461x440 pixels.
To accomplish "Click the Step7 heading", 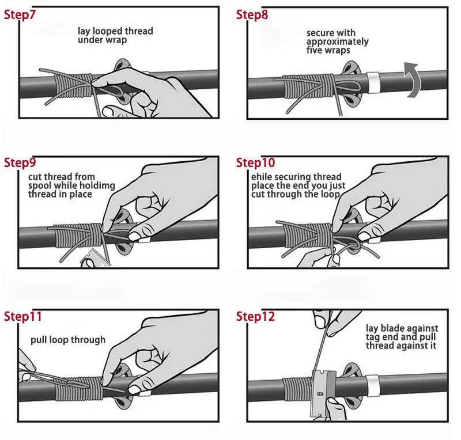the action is coord(20,15).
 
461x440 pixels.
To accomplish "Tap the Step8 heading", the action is coord(252,15).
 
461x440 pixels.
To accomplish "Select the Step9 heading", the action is coord(20,162).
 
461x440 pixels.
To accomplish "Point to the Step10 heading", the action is coord(255,162).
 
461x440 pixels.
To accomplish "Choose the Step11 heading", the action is coord(22,317).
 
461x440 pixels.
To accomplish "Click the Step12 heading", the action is coord(255,317).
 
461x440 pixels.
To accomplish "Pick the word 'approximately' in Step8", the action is coord(337,41).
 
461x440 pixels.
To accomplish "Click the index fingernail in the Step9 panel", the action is coord(135,236).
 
